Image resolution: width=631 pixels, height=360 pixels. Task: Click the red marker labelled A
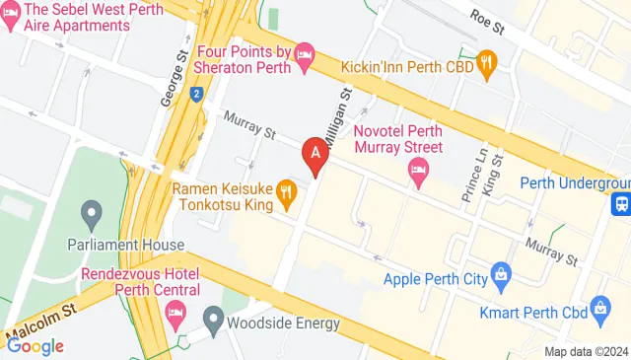tap(315, 155)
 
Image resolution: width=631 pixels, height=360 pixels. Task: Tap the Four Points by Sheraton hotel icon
tap(305, 50)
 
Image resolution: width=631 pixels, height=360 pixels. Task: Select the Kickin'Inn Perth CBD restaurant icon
tap(485, 65)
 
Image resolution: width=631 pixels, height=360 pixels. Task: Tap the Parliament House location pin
tap(92, 212)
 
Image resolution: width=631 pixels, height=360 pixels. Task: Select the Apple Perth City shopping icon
tap(501, 270)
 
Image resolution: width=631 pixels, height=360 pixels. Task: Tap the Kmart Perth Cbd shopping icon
tap(602, 312)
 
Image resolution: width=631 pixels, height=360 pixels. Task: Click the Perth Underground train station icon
tap(622, 204)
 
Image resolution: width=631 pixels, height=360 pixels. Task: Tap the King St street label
tap(496, 171)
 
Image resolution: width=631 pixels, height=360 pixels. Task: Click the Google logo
tap(35, 345)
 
